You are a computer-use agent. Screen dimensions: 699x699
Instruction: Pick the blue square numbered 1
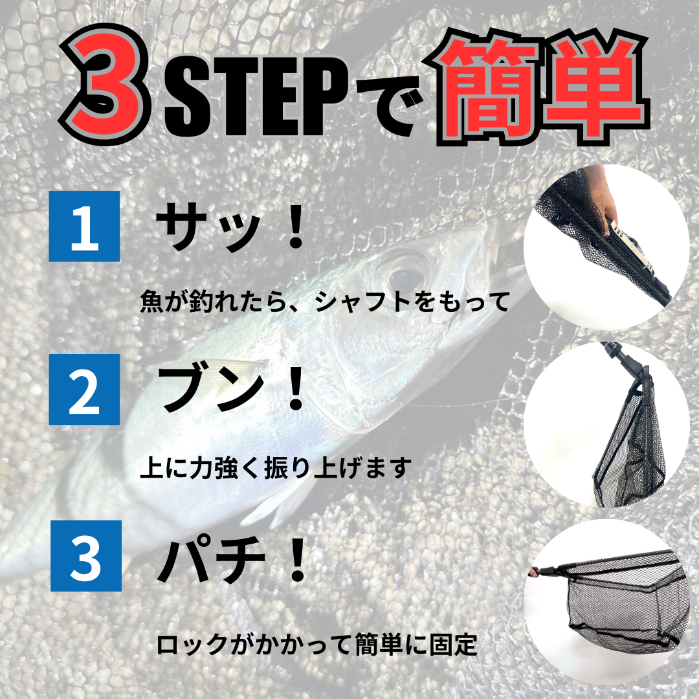(84, 226)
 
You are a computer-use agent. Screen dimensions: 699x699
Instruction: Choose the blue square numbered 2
(84, 389)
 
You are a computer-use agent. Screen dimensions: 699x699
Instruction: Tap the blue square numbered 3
(85, 556)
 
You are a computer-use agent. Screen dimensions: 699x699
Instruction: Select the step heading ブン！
(232, 391)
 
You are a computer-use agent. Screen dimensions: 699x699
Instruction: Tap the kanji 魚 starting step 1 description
(151, 302)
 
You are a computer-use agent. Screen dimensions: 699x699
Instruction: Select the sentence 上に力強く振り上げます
(276, 468)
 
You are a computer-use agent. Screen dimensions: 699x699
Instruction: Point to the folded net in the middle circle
(628, 446)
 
